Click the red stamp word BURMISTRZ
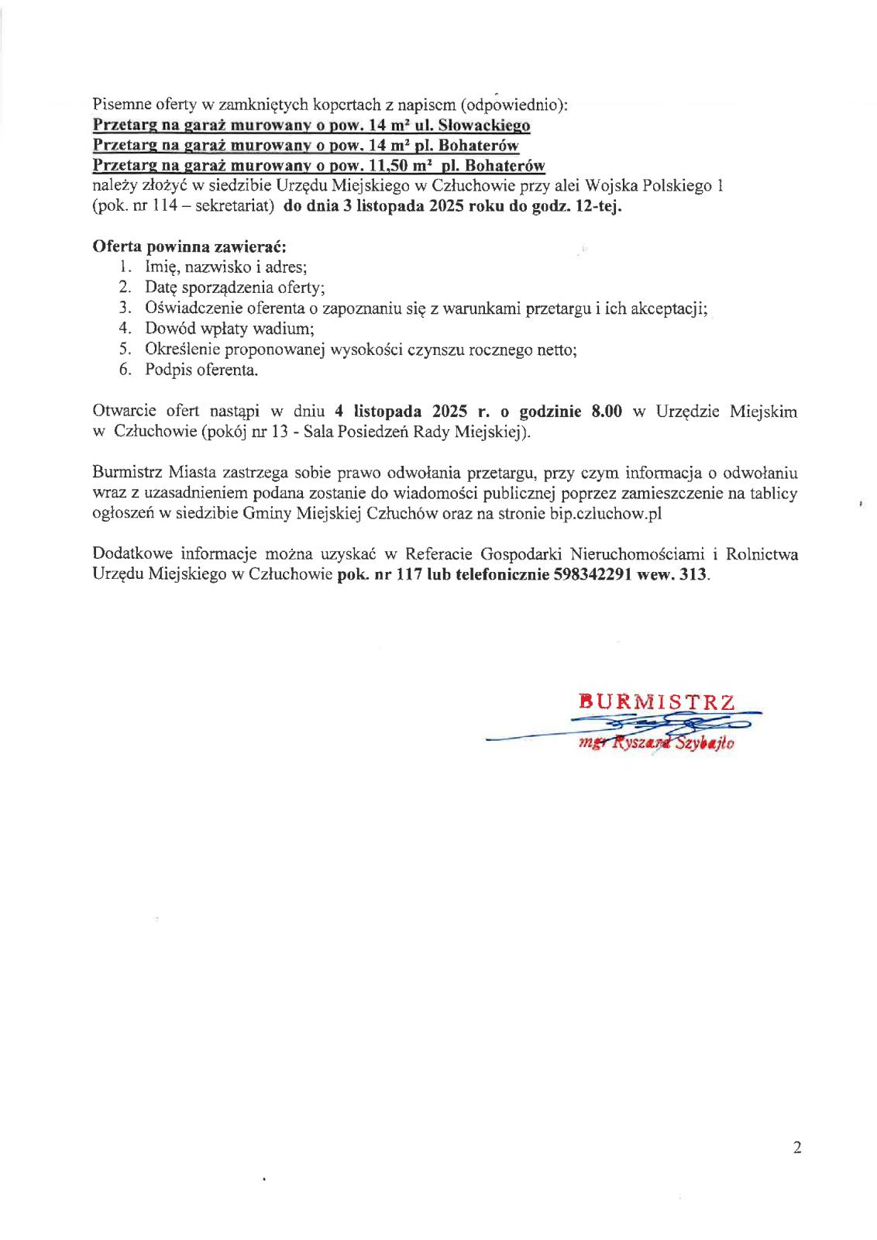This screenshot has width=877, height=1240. (656, 702)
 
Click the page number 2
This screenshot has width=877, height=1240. (797, 1148)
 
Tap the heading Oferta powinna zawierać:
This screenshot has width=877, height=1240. (189, 246)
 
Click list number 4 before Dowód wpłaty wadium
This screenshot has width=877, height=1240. (125, 329)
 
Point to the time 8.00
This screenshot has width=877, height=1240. (607, 412)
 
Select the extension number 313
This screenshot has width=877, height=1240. (693, 575)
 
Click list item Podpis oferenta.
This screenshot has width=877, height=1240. (201, 370)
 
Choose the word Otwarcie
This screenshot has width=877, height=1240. (124, 412)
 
